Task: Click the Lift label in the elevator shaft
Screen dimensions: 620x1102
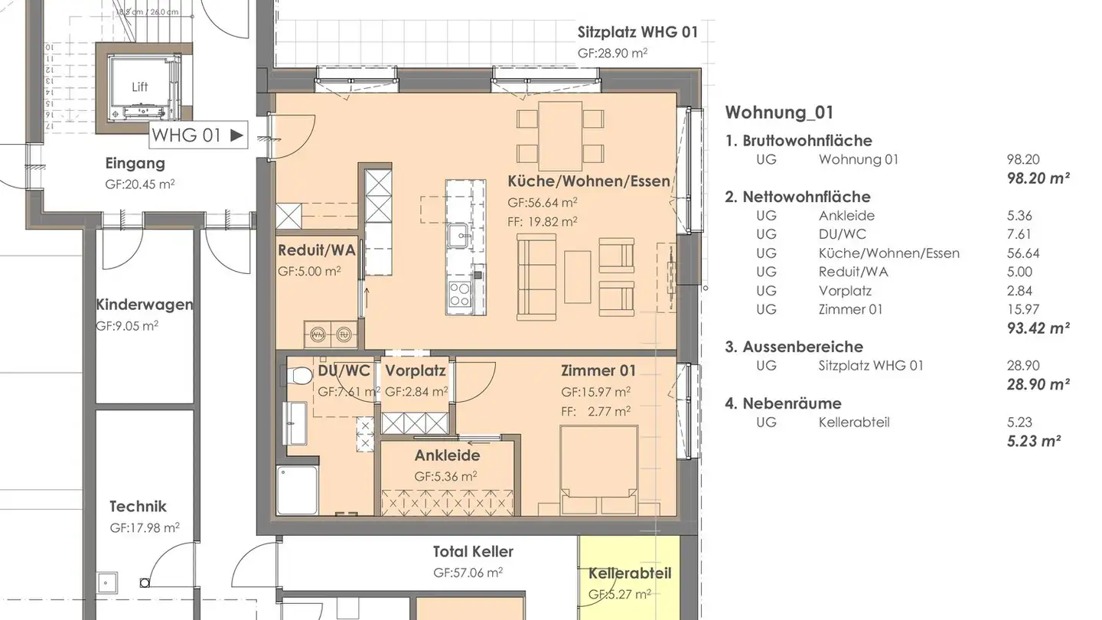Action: pos(140,87)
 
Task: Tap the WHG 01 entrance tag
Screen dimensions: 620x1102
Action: pos(197,135)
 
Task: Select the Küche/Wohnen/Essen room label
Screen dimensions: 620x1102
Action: pos(588,181)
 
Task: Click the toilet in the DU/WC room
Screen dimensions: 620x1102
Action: pos(291,376)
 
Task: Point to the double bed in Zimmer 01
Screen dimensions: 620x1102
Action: pos(599,471)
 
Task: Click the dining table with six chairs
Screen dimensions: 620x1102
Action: pos(559,136)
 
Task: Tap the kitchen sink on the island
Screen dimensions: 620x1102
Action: pos(461,233)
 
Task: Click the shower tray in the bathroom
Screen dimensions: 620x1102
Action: pos(297,490)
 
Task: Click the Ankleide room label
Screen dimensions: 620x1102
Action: pos(447,455)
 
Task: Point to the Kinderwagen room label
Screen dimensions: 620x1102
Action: pos(144,305)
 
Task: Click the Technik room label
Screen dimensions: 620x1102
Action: pos(138,506)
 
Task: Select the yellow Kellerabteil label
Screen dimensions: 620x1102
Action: pos(629,573)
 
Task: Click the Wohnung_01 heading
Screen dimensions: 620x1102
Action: pos(779,113)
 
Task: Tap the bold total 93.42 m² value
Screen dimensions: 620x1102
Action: pos(1038,328)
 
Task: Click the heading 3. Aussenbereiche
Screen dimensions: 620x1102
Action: pos(794,347)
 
